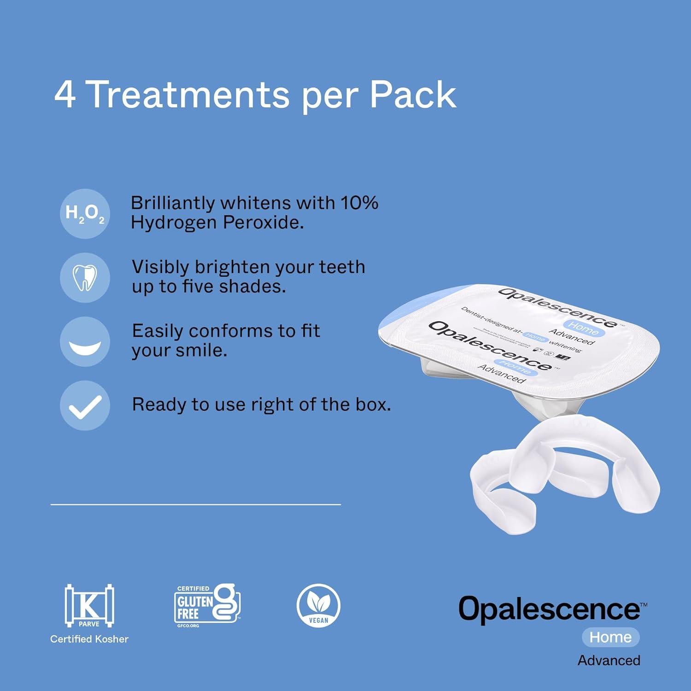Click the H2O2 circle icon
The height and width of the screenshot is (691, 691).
[x=85, y=213]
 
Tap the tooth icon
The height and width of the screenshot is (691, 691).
[x=85, y=278]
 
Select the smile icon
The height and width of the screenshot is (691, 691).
[x=85, y=341]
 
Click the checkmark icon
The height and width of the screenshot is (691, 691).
[x=85, y=405]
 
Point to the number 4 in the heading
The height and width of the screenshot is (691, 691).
[x=65, y=95]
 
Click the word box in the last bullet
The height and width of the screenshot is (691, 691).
[x=372, y=404]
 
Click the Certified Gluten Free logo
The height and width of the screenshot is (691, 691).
[x=207, y=605]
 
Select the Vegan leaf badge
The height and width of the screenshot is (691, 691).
[x=318, y=605]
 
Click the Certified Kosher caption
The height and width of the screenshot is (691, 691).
[x=89, y=639]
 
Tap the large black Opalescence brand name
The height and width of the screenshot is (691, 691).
[x=550, y=609]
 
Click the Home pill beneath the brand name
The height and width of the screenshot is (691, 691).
[x=610, y=637]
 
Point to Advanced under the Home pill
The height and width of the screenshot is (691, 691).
[x=609, y=660]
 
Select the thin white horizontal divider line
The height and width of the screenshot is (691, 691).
[x=195, y=504]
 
